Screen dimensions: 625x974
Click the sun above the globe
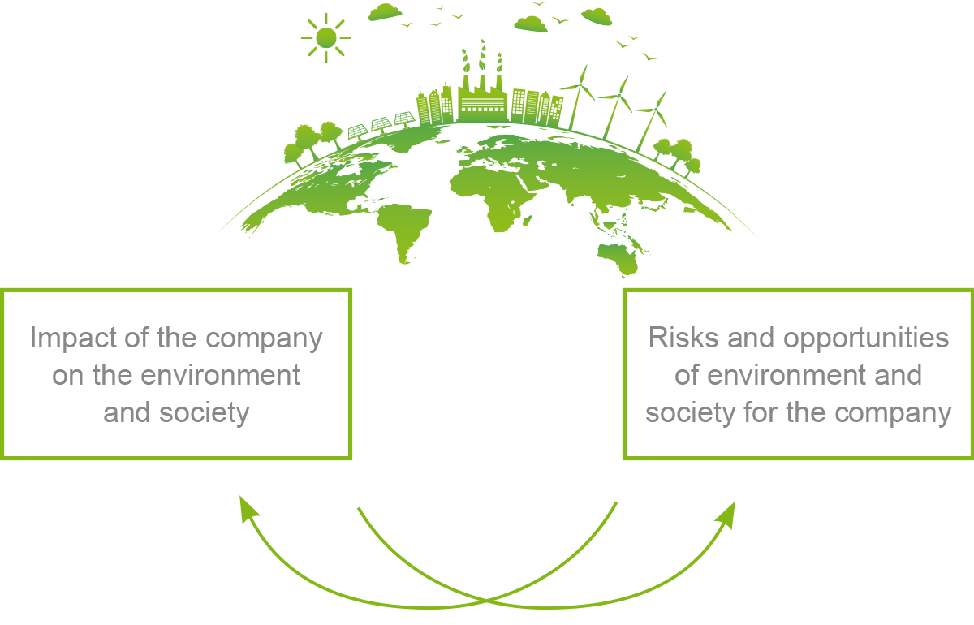[325, 37]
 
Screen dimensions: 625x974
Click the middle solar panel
[381, 125]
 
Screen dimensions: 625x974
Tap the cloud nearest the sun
[384, 11]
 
